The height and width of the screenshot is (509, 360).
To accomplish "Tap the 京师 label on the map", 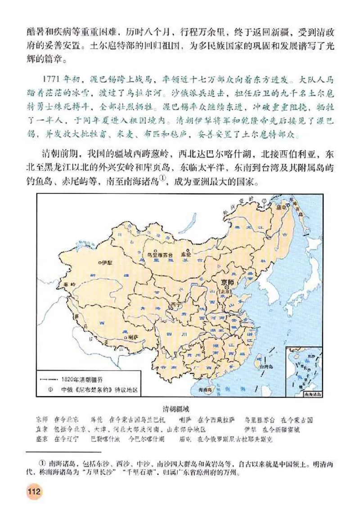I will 229,282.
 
